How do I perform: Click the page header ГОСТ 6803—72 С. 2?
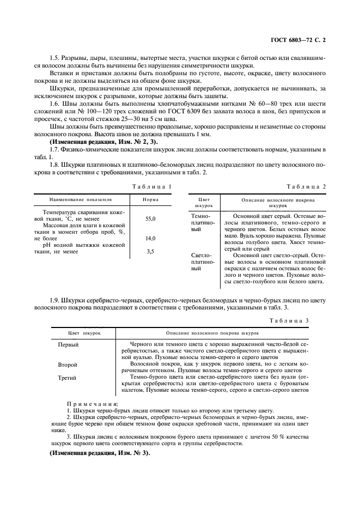click(302, 40)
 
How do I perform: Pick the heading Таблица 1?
click(152, 187)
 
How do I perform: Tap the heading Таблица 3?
click(290, 320)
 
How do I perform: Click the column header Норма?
click(150, 200)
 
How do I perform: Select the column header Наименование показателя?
click(81, 200)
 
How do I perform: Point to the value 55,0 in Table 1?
click(150, 218)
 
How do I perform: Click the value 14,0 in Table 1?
click(150, 239)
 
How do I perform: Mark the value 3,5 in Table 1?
click(150, 252)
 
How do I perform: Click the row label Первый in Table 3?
click(69, 345)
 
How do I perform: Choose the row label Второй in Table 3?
click(68, 364)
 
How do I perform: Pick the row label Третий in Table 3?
click(68, 377)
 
